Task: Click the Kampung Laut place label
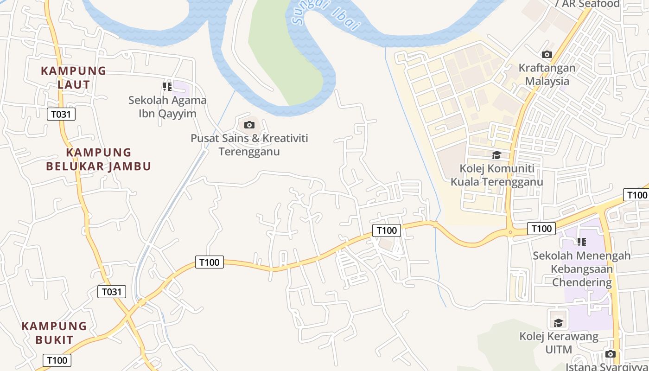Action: coord(74,77)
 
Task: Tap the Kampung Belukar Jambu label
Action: coord(99,159)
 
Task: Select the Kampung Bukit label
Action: coord(54,333)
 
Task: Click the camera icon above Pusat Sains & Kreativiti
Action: coord(249,125)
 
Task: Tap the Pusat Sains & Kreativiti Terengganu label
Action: coord(249,145)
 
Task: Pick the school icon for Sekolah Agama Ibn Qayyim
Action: coord(167,86)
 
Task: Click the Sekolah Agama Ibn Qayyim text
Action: coord(167,107)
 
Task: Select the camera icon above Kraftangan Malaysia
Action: coord(547,54)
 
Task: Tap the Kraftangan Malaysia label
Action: coord(547,74)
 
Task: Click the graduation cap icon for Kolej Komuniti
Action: coord(496,155)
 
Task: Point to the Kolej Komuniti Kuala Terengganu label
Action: coord(496,174)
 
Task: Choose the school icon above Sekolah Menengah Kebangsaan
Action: coord(582,242)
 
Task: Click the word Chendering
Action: coord(582,282)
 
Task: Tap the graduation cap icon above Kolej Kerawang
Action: coord(559,322)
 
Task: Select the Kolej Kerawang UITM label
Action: coord(559,342)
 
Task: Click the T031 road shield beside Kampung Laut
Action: coord(61,114)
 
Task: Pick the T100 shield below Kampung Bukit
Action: coord(57,360)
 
